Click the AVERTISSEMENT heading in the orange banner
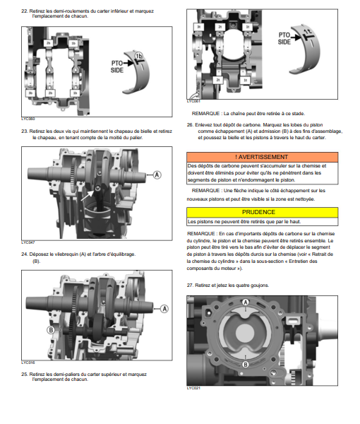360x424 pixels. point(261,157)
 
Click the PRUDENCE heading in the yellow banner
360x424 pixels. point(258,212)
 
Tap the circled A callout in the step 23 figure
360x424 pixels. point(157,175)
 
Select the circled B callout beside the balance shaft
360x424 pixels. point(51,330)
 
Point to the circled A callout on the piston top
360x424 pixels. point(245,302)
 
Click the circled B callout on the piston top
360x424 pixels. point(246,365)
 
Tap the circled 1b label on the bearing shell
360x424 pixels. point(138,56)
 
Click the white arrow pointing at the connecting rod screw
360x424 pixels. point(88,196)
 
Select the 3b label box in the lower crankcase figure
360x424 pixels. point(30,93)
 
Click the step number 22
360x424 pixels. point(25,11)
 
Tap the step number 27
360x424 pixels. point(190,285)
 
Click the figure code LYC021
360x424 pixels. point(193,388)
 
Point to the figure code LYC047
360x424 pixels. point(28,242)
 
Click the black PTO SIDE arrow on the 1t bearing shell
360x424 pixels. point(296,37)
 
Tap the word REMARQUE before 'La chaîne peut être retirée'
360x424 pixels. point(206,114)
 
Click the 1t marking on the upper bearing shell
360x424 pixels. point(308,32)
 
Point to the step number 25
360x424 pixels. point(25,375)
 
